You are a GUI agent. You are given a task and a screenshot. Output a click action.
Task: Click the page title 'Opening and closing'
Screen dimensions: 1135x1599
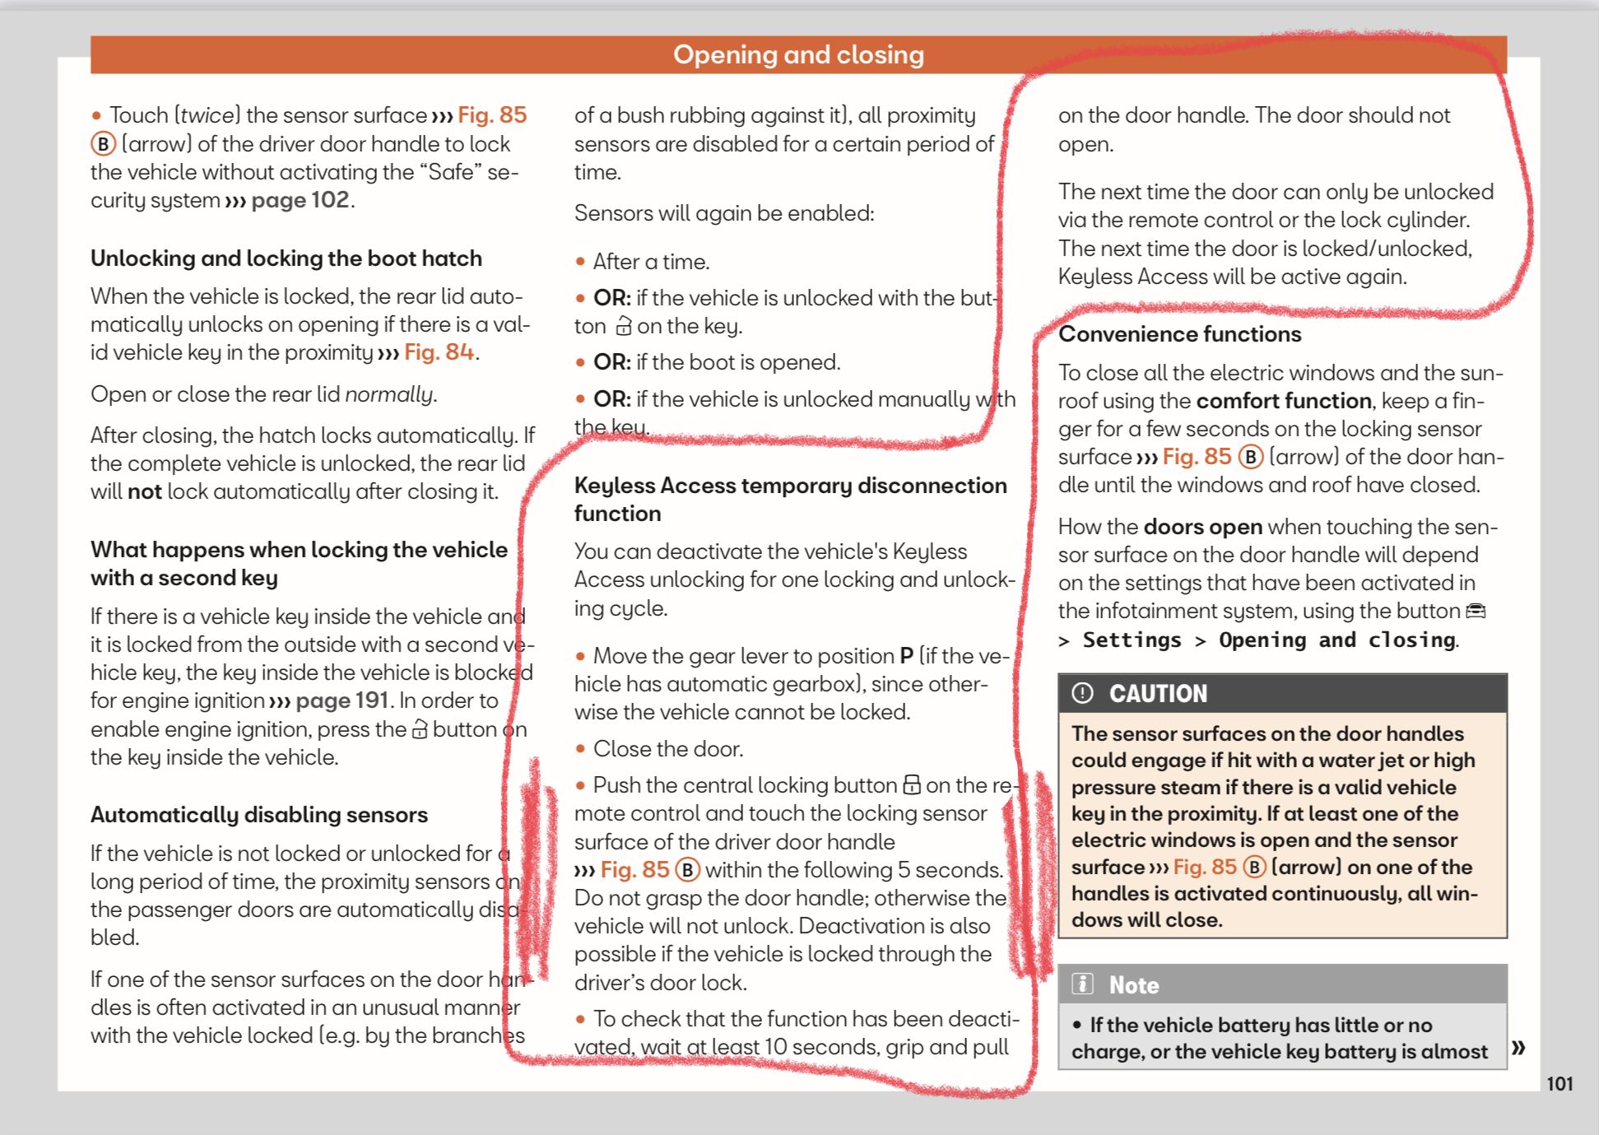pos(798,54)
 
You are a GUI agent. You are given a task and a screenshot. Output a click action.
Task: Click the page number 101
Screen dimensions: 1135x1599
pos(1559,1083)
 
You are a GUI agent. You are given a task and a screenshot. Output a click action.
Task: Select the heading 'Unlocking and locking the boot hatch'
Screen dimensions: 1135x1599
pos(286,258)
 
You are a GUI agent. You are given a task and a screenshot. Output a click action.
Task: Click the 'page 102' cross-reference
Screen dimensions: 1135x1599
pos(300,200)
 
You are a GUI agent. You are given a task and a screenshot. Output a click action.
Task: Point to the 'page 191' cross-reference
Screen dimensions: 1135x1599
pos(342,700)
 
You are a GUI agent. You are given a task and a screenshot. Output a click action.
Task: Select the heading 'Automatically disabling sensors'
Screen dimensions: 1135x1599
pos(258,815)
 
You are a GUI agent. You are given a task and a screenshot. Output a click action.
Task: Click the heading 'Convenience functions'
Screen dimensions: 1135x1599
pos(1179,334)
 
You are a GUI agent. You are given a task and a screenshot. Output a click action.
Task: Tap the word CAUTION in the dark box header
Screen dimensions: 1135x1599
pos(1158,694)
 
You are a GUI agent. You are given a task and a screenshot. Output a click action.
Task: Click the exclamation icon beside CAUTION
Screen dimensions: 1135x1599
pos(1082,693)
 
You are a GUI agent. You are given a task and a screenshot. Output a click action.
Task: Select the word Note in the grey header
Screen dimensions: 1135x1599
pos(1133,985)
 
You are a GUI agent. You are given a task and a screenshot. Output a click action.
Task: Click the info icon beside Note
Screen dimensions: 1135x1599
pos(1082,984)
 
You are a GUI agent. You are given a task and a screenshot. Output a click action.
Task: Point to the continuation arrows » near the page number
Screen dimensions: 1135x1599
pos(1518,1047)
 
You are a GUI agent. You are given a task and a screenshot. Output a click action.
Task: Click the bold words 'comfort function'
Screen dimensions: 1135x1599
pos(1283,401)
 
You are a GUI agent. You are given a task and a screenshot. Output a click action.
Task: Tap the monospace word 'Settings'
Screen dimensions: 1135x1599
pos(1132,640)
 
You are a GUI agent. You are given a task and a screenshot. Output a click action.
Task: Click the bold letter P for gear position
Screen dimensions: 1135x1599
pos(906,656)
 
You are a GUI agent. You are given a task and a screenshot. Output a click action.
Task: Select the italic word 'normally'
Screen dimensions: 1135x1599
pos(388,394)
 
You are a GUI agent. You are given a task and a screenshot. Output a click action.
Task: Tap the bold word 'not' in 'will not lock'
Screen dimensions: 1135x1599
pos(144,491)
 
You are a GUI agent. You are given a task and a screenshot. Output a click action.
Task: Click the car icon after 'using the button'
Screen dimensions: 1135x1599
pos(1476,611)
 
